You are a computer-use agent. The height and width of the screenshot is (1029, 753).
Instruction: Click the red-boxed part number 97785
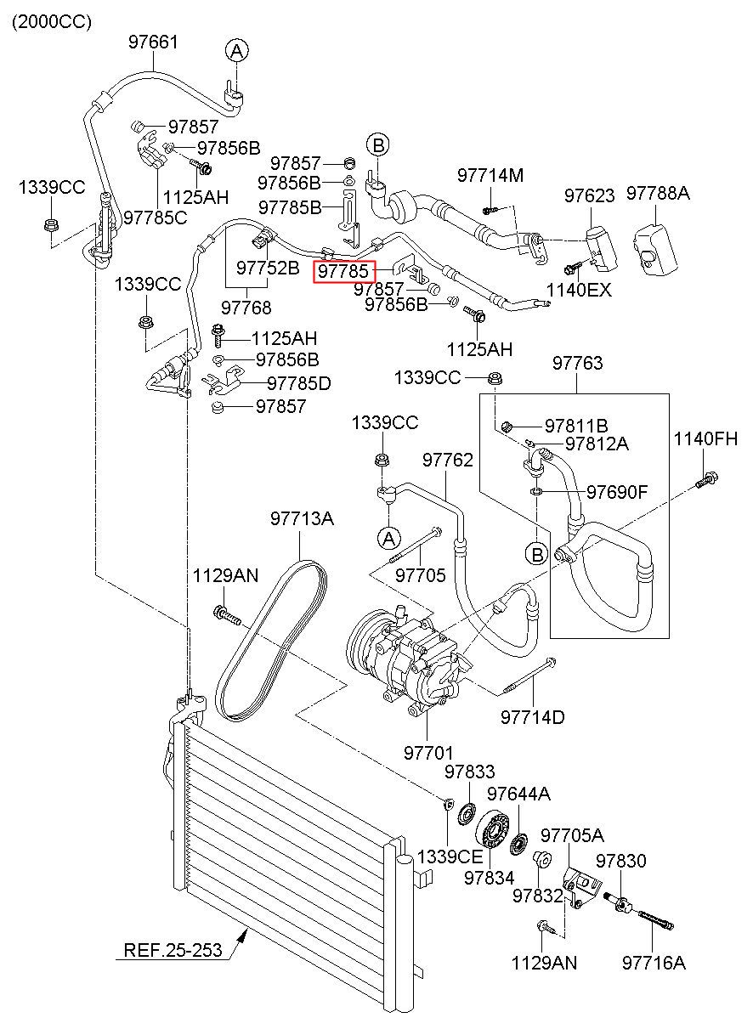(x=343, y=271)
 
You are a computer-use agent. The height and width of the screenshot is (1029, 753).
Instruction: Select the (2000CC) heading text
(x=52, y=22)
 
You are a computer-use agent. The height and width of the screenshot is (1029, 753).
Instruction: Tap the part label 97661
(x=152, y=42)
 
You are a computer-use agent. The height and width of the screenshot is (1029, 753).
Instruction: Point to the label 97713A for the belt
(x=302, y=518)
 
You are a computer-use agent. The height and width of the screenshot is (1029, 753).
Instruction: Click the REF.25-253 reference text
(x=173, y=951)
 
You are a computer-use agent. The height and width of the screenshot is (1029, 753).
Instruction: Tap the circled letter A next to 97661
(x=237, y=51)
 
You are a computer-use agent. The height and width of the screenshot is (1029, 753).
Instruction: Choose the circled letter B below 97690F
(x=537, y=555)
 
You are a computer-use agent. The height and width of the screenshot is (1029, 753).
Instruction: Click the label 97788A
(x=658, y=194)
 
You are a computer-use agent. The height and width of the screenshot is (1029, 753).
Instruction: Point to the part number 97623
(x=590, y=195)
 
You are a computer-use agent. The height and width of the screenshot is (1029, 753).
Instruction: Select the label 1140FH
(x=705, y=439)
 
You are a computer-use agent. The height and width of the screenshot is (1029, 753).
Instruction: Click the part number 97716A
(x=654, y=964)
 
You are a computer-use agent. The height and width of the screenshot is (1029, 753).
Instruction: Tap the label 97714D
(x=533, y=717)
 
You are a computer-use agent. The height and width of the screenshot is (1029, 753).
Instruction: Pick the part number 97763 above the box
(x=577, y=363)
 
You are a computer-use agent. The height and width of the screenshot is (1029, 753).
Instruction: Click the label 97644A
(x=518, y=794)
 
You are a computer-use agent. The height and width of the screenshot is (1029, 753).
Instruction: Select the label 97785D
(x=299, y=383)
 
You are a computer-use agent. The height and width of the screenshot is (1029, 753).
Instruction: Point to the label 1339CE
(x=450, y=857)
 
